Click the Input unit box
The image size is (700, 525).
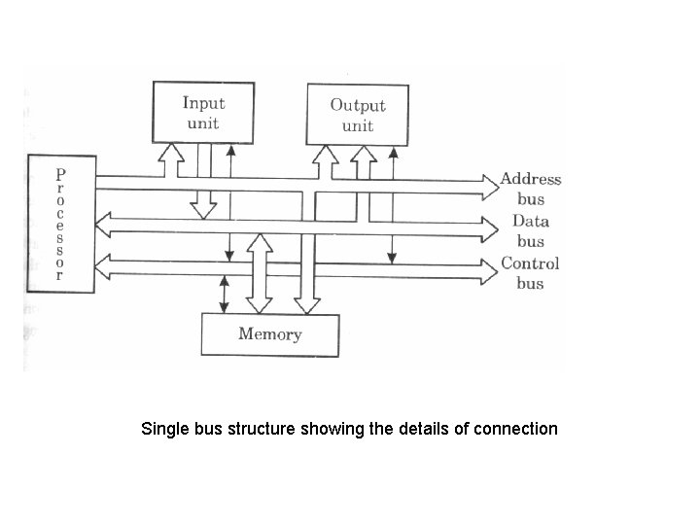(x=202, y=111)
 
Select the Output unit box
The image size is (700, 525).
(x=357, y=113)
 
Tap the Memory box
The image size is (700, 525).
(x=269, y=334)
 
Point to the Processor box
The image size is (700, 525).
(x=60, y=223)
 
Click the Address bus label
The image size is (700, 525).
(x=531, y=189)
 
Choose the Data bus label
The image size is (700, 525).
(x=530, y=230)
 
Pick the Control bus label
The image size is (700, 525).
(x=530, y=273)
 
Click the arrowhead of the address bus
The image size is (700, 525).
(x=489, y=179)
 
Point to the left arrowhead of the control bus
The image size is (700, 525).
(x=106, y=267)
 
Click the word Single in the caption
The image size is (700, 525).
(x=163, y=428)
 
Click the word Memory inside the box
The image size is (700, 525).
(x=269, y=334)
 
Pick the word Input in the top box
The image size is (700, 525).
(x=203, y=102)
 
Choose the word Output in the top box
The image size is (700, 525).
(x=357, y=105)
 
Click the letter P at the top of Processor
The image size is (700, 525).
(x=60, y=174)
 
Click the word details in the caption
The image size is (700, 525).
(x=423, y=428)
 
